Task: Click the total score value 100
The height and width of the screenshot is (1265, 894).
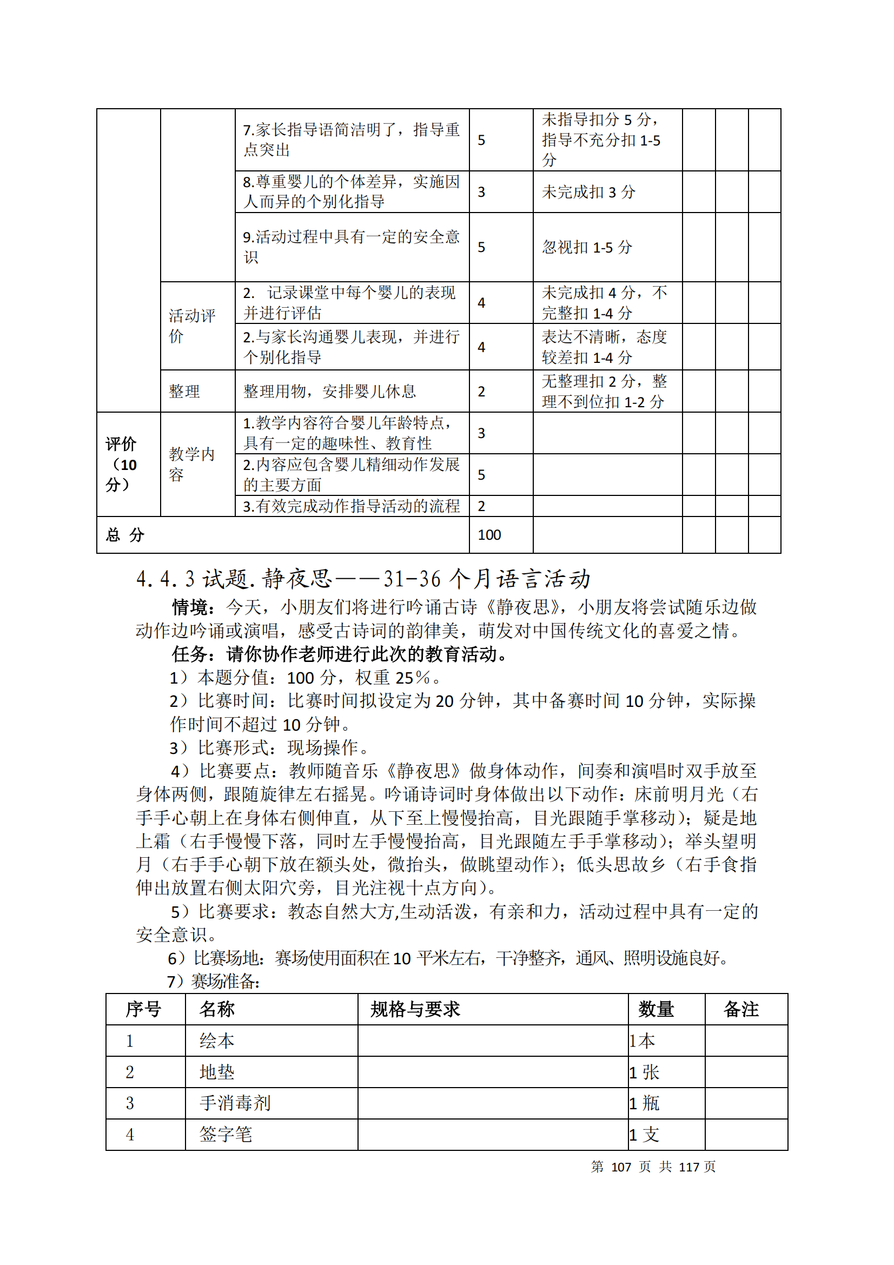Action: tap(489, 534)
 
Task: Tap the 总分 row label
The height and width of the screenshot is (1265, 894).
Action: tap(125, 534)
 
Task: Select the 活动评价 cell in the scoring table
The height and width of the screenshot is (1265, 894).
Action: tap(191, 326)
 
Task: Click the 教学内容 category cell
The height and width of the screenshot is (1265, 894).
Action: tap(191, 464)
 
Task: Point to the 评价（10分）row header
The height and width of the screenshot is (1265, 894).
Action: tap(121, 464)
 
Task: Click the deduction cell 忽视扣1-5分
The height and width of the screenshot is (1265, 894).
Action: tap(587, 247)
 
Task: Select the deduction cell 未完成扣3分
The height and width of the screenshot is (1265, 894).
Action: tap(588, 193)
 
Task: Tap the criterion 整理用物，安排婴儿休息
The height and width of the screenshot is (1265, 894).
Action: tap(329, 391)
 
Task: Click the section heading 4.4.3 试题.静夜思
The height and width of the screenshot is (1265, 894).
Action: tap(363, 579)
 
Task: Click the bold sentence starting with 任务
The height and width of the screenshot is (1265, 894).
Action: tap(339, 654)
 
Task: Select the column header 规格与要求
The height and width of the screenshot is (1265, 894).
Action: tap(415, 1009)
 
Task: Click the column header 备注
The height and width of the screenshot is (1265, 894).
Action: tap(741, 1009)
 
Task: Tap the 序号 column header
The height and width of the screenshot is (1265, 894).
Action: tap(143, 1009)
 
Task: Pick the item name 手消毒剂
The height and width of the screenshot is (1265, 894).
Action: tap(235, 1103)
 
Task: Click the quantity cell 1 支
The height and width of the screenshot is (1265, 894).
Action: tap(645, 1135)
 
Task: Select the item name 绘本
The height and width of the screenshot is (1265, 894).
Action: tap(217, 1041)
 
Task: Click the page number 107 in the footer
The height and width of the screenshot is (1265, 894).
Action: tap(621, 1167)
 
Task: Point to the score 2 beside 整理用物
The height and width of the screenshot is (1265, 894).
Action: tap(481, 392)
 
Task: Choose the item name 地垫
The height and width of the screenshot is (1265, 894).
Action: tap(217, 1072)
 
